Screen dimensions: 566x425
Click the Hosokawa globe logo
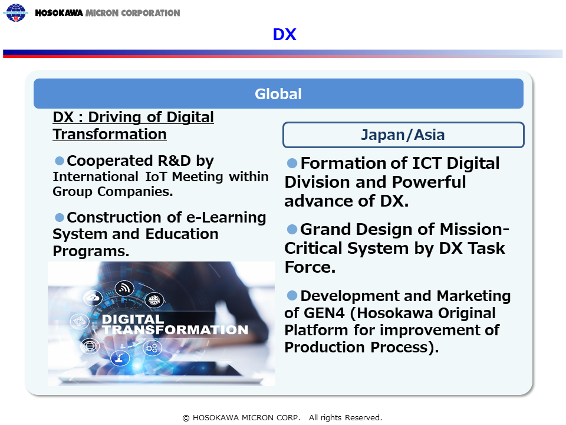tap(15, 12)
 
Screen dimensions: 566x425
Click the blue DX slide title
tap(284, 35)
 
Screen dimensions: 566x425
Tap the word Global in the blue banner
tap(278, 94)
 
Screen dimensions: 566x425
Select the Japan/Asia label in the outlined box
tap(403, 135)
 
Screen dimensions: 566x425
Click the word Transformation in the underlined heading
tap(110, 135)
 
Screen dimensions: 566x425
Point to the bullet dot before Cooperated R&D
tap(59, 161)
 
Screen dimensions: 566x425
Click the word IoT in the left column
tap(156, 176)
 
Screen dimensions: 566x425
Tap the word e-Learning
tap(226, 218)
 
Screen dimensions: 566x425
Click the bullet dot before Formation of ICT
tap(292, 163)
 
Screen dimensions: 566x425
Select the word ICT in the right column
tap(427, 164)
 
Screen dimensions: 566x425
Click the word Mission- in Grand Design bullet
tap(474, 230)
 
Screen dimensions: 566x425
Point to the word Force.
tap(310, 267)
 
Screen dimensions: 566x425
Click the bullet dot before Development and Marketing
tap(292, 296)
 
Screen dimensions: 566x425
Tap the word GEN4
tap(324, 313)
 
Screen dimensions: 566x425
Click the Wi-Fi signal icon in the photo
tap(124, 288)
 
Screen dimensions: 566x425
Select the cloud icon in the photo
tap(93, 297)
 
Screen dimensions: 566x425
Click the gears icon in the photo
tap(152, 348)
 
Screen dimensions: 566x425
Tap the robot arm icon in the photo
tap(120, 358)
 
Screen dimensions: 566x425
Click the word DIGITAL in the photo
tap(133, 319)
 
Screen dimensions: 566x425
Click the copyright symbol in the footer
tap(186, 418)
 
